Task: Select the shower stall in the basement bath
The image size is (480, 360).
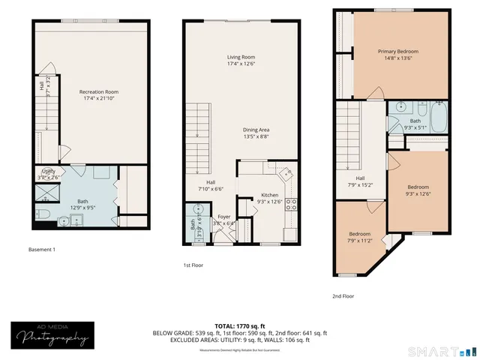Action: pos(46,193)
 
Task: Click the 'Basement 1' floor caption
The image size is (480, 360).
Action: pos(42,249)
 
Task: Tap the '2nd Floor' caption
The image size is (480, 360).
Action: pos(343,296)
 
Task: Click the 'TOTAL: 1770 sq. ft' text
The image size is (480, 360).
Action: pos(240,326)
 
